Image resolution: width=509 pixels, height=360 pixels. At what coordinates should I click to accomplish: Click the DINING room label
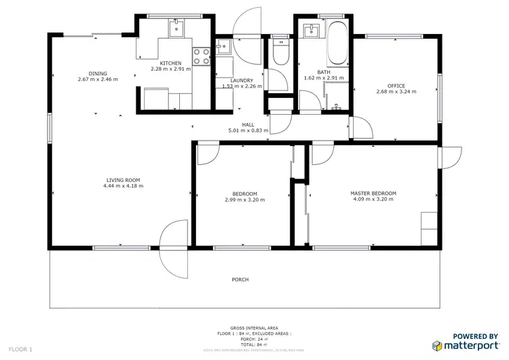97,73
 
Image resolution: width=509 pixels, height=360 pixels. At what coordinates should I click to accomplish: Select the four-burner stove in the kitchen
201,52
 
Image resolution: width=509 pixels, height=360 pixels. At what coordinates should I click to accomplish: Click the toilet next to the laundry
279,50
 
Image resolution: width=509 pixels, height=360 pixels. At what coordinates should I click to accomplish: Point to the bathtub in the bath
337,41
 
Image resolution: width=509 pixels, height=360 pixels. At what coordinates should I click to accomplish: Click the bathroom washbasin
312,31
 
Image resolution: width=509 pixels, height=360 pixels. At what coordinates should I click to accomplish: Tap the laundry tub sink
223,48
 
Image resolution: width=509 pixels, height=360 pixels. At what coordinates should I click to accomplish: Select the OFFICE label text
396,86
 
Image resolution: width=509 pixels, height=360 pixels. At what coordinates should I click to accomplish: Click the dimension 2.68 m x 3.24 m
396,92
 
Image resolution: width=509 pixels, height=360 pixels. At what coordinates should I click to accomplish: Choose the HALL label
248,124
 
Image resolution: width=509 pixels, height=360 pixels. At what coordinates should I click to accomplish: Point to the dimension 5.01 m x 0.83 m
248,130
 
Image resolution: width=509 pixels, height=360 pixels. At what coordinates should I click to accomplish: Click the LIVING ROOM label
123,180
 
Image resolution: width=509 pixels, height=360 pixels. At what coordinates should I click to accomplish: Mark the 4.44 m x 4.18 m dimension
123,185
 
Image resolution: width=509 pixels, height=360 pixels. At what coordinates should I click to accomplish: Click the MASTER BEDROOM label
373,194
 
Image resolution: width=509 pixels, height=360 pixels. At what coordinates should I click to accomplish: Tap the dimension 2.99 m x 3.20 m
244,200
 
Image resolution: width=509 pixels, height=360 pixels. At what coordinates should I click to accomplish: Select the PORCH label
240,280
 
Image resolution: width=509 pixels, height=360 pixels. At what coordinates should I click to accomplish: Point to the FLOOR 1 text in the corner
20,349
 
